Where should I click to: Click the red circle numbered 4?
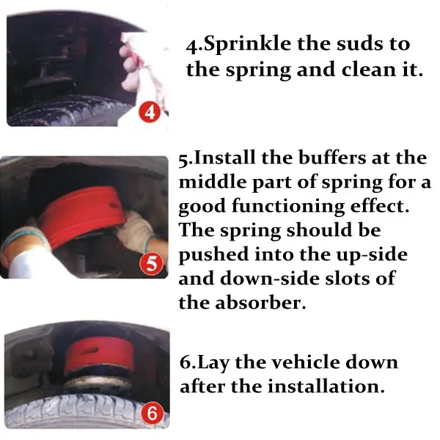click(x=150, y=113)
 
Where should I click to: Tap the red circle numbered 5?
click(x=152, y=264)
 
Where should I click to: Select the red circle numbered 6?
click(x=152, y=413)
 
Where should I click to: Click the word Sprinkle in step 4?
click(x=247, y=45)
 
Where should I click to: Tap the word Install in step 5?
click(x=225, y=158)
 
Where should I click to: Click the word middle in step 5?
click(x=212, y=182)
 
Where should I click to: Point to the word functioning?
click(x=288, y=207)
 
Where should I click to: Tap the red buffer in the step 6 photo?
click(x=98, y=356)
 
